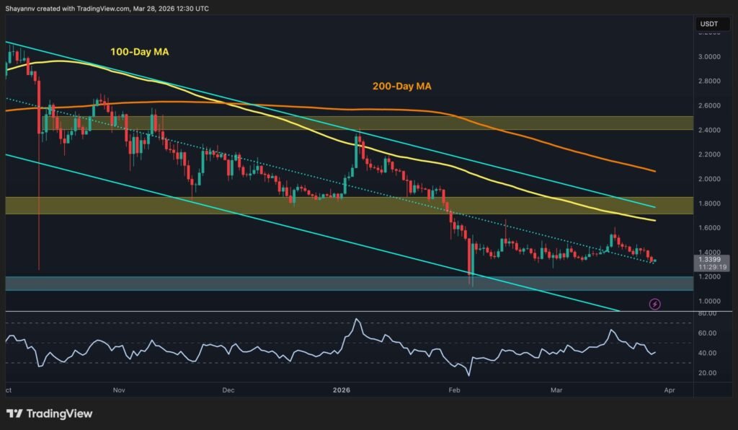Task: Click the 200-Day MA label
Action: tap(402, 87)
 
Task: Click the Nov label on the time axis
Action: tap(120, 390)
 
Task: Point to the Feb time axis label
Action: tap(455, 390)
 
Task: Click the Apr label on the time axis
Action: tap(670, 390)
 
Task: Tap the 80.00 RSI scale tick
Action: tap(708, 314)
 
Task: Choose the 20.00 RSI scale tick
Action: tap(708, 373)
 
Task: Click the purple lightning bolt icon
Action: tap(654, 304)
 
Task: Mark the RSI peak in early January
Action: tap(357, 319)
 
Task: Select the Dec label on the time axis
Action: tap(228, 390)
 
